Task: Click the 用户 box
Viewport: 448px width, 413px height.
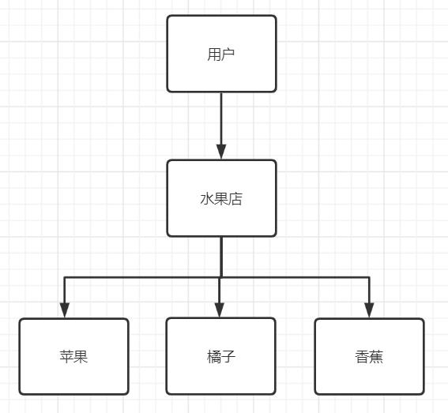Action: pos(221,54)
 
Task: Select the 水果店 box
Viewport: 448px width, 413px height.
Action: pos(221,198)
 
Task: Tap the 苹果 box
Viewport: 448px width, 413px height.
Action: pos(73,356)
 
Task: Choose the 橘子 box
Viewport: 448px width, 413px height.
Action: pos(221,356)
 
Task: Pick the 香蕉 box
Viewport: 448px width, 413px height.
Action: pos(369,356)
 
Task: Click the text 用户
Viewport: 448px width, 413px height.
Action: pos(221,54)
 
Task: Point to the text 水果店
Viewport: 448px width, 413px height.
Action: pos(221,199)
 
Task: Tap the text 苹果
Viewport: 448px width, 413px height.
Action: pos(73,357)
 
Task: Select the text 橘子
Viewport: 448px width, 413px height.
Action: pos(221,357)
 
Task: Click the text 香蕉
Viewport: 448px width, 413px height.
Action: pos(369,357)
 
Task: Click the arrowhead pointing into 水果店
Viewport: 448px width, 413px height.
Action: pos(221,152)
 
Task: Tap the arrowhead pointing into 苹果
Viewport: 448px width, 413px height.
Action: pos(65,310)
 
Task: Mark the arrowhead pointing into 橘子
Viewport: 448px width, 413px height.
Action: pos(219,310)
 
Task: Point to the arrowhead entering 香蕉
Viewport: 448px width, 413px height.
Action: pos(369,310)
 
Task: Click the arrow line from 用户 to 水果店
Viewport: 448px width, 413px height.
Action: pos(221,126)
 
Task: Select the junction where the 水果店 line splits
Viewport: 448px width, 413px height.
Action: pos(221,277)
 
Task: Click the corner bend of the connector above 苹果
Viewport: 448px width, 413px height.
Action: pos(65,277)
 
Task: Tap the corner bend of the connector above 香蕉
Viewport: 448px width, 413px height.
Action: pos(369,277)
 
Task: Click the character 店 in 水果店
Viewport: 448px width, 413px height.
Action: pos(235,199)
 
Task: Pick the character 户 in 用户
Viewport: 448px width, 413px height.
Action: pos(228,54)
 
